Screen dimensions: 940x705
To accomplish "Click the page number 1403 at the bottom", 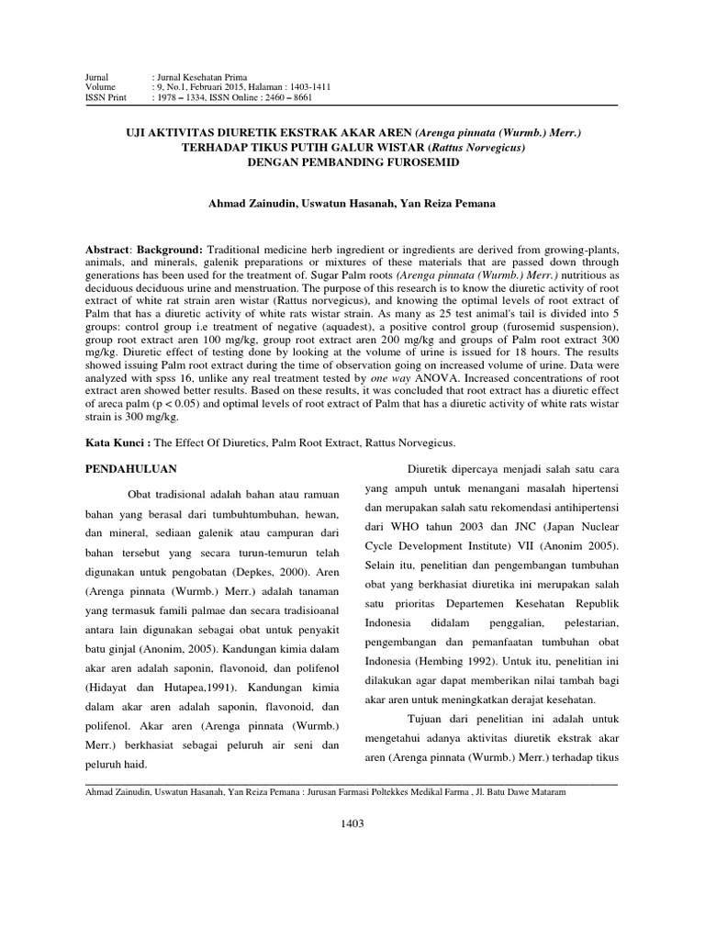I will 352,823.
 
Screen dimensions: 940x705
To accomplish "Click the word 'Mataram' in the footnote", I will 547,792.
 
